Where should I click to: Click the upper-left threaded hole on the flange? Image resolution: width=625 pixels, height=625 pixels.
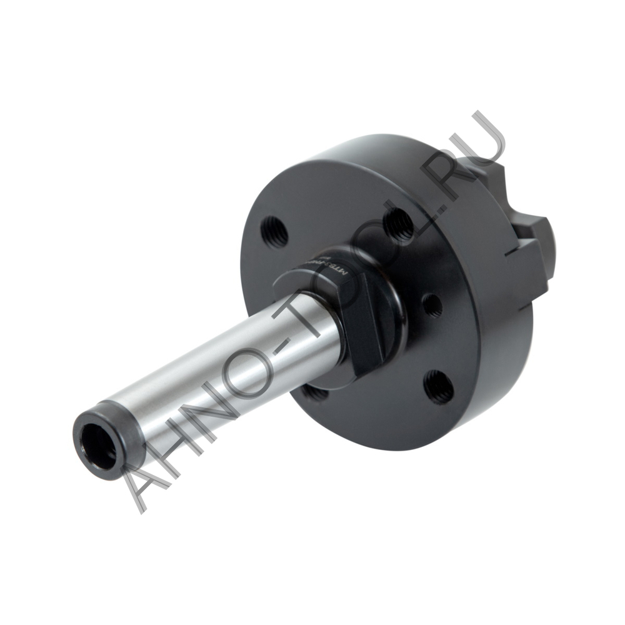pos(273,230)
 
